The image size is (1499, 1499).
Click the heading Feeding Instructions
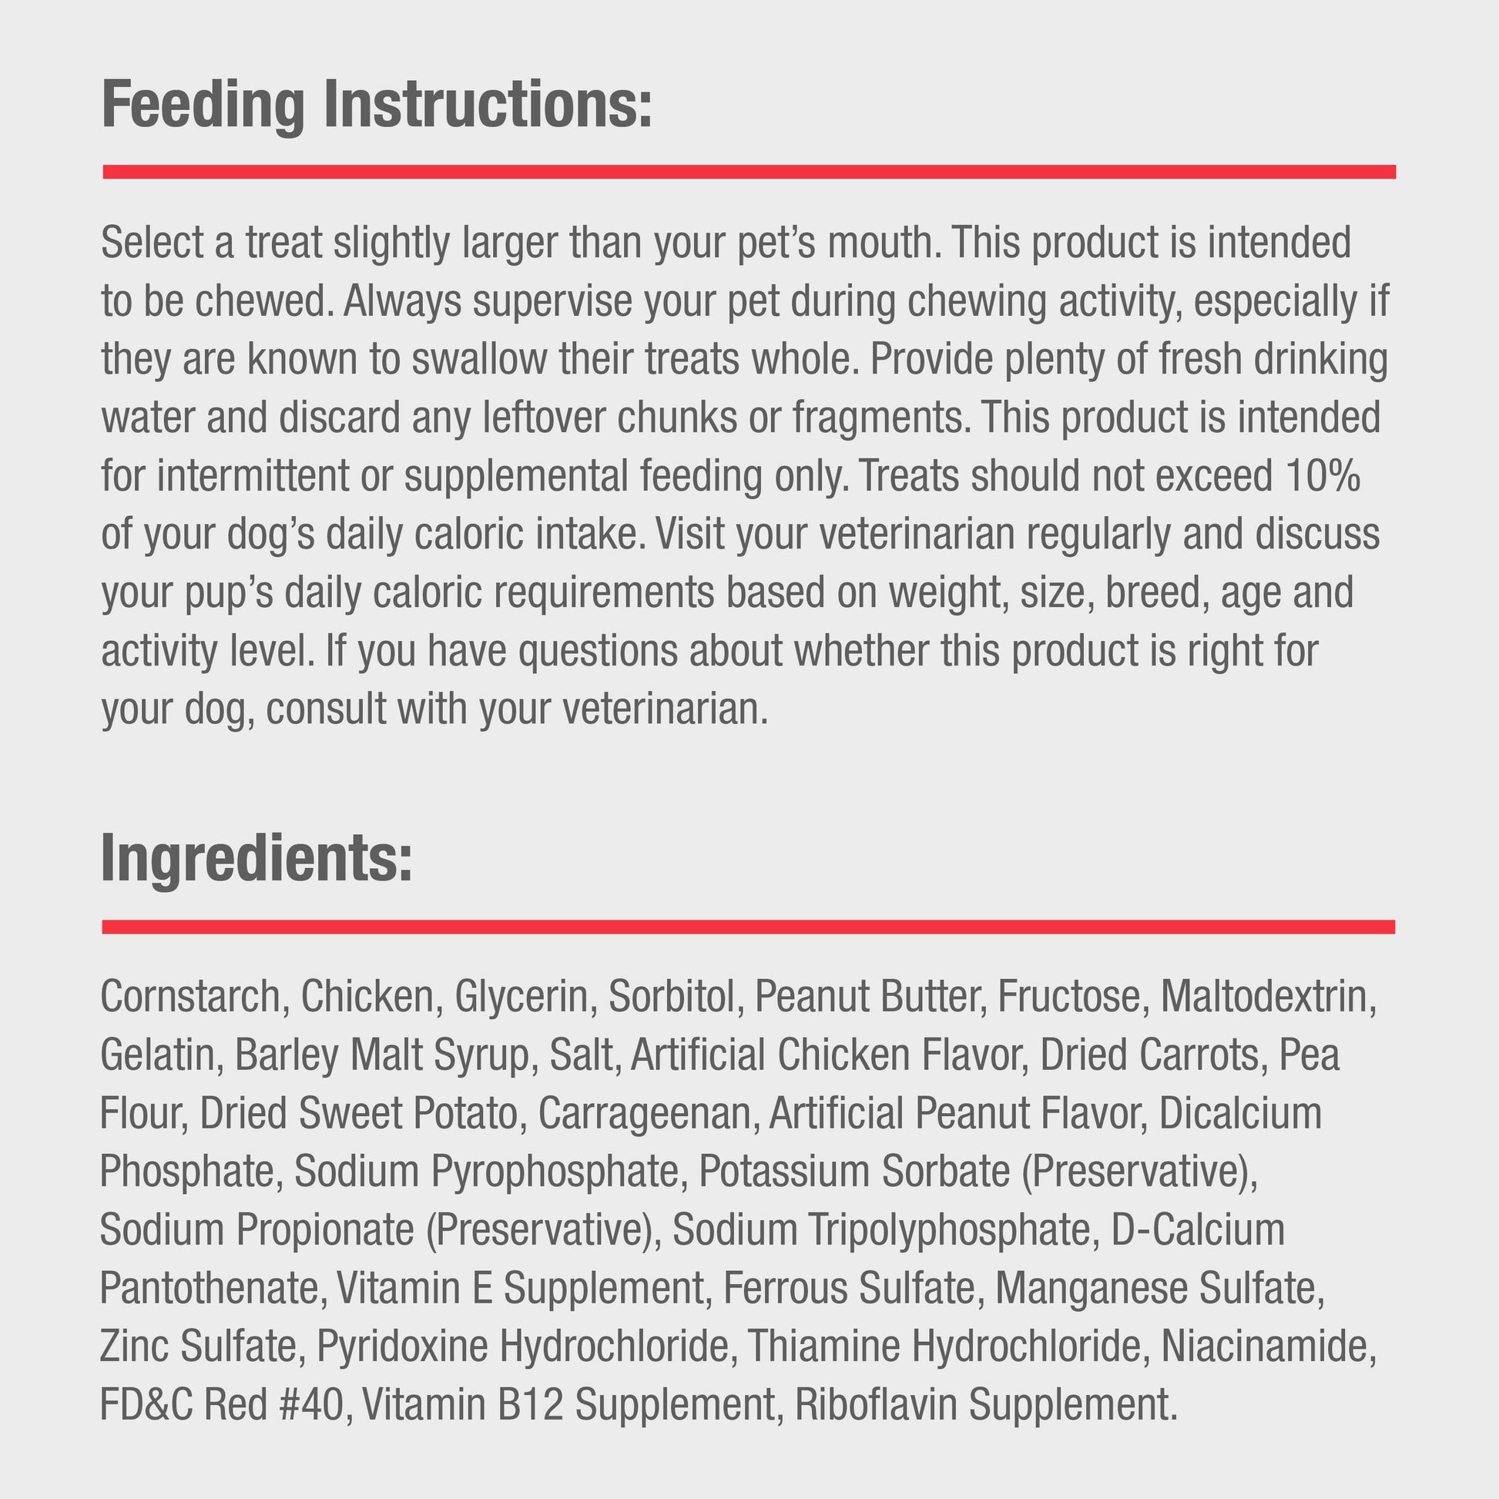tap(377, 105)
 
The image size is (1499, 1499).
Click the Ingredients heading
tap(256, 858)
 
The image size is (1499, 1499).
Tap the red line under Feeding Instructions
tap(749, 172)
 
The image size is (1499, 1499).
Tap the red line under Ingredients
tap(749, 927)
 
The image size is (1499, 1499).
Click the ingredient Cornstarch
tap(190, 996)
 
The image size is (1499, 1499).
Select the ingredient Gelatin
tap(156, 1055)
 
